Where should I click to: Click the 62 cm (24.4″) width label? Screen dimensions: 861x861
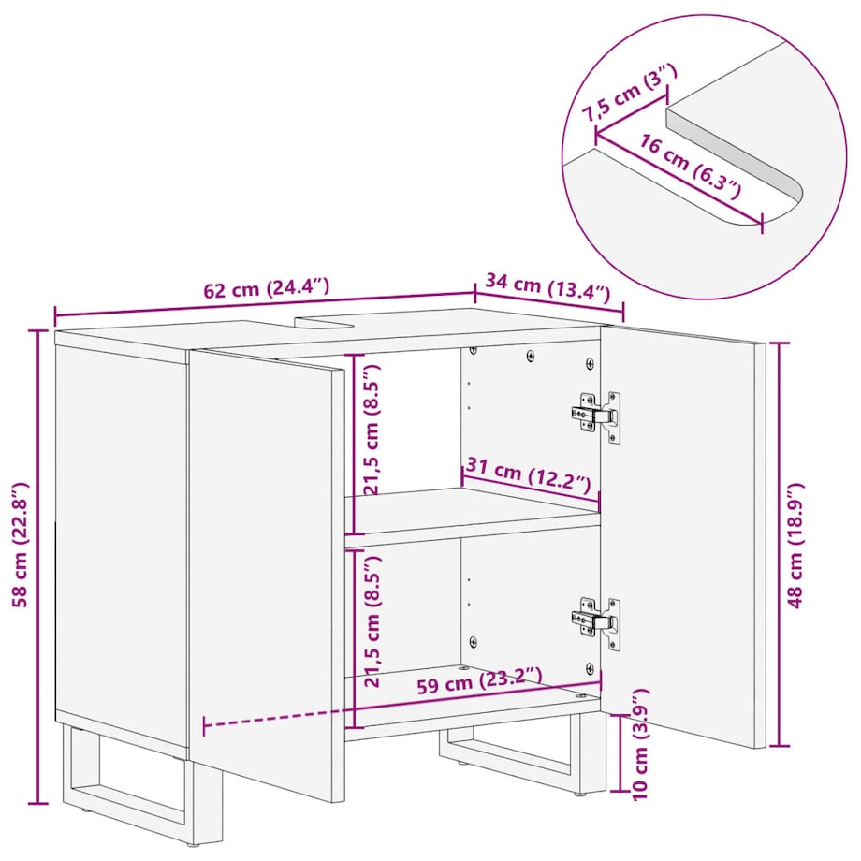click(x=267, y=287)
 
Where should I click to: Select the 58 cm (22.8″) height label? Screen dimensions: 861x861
click(x=21, y=545)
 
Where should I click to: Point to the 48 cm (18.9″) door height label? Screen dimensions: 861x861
click(x=796, y=546)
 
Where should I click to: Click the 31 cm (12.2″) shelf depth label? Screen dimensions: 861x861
click(x=528, y=475)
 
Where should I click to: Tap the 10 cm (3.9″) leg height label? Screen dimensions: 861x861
click(x=640, y=744)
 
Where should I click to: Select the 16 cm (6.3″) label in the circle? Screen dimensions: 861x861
click(x=690, y=167)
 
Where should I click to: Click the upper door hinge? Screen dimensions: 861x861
click(x=596, y=416)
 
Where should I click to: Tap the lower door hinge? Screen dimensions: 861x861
click(x=596, y=622)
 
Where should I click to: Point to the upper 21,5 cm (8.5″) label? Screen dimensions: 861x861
click(x=372, y=430)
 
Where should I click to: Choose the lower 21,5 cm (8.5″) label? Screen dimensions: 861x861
click(x=372, y=620)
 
